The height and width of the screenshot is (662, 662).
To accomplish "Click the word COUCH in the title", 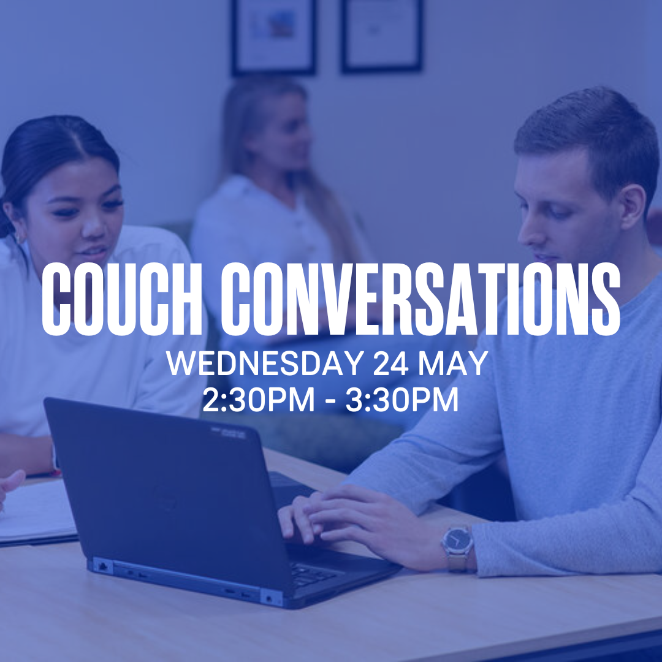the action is click(122, 299).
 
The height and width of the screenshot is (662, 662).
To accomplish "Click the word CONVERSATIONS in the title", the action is click(420, 299).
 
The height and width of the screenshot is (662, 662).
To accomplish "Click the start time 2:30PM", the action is click(259, 400).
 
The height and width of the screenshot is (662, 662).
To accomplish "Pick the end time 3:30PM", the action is click(402, 400).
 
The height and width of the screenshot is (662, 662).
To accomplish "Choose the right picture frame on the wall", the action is click(381, 36).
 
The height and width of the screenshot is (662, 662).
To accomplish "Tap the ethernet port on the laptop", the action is click(102, 566).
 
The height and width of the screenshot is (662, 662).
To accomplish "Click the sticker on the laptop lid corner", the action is click(228, 433).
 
